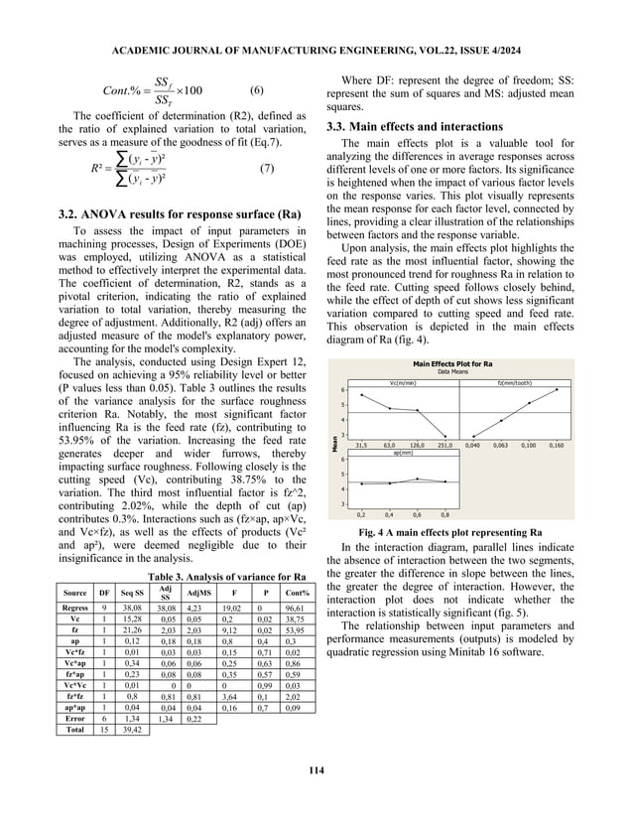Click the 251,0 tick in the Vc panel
pos(445,446)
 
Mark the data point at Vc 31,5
pos(361,395)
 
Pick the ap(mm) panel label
pos(403,453)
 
